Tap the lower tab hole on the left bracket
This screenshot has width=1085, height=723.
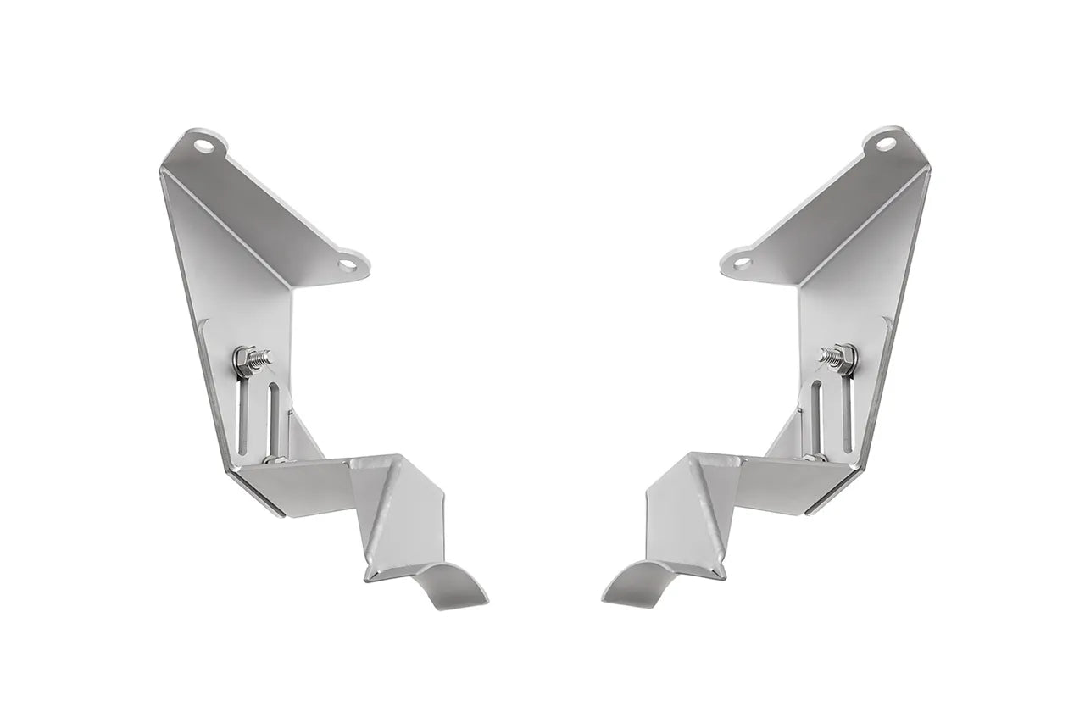[x=348, y=265]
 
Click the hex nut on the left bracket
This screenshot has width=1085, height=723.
[x=243, y=358]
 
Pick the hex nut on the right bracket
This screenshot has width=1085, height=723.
[x=842, y=358]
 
